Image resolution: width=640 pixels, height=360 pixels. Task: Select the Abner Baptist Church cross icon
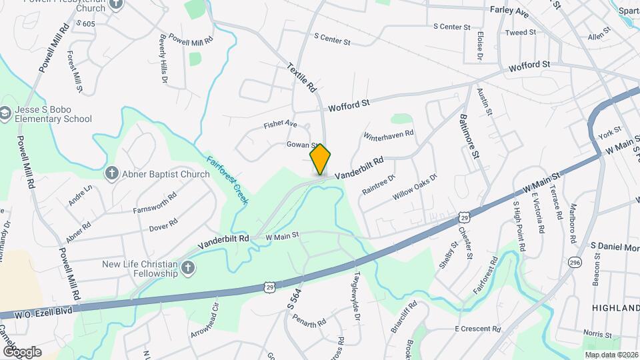112,173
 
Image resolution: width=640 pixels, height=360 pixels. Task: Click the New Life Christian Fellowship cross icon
189,268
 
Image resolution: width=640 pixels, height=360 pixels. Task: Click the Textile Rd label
301,77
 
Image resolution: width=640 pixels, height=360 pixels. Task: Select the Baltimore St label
469,136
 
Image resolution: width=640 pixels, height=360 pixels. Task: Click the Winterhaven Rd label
389,135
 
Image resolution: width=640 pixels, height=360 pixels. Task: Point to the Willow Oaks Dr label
415,187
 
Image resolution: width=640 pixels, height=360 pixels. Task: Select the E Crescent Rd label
477,329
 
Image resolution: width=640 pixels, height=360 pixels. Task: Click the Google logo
21,351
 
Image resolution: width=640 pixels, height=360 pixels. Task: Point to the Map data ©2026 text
611,355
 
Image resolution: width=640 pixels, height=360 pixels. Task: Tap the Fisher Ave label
280,125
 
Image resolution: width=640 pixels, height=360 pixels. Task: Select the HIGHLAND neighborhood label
615,307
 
